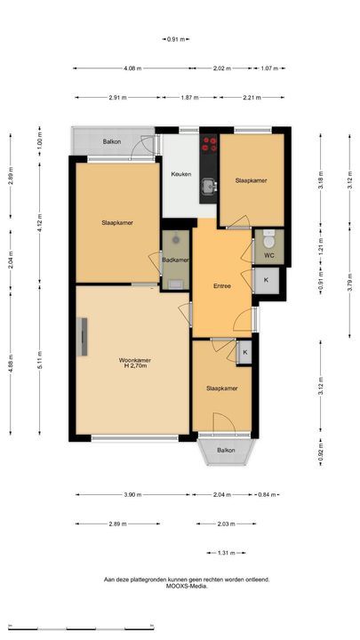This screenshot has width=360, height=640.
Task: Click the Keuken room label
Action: point(181,174)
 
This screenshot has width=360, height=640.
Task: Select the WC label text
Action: point(268,255)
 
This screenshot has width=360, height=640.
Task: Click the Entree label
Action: point(222,286)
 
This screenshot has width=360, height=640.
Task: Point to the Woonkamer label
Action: point(135,360)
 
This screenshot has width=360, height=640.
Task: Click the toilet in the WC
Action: point(269,240)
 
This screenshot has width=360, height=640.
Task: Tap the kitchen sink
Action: point(210,186)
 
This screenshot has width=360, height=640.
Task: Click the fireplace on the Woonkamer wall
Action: point(83,336)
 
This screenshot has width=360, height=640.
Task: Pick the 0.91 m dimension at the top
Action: point(175,39)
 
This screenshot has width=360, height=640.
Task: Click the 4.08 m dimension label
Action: point(132,68)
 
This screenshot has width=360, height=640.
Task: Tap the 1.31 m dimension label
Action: point(226,553)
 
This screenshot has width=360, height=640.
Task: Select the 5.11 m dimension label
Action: point(40,360)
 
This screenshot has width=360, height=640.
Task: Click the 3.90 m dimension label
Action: point(132,495)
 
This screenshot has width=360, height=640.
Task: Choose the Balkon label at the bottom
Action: point(226,450)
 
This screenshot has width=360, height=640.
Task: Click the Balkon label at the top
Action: point(112,142)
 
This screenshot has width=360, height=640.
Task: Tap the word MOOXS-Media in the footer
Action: point(187,586)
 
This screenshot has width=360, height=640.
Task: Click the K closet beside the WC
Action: point(267,280)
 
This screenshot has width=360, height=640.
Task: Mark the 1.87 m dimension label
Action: point(190,98)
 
